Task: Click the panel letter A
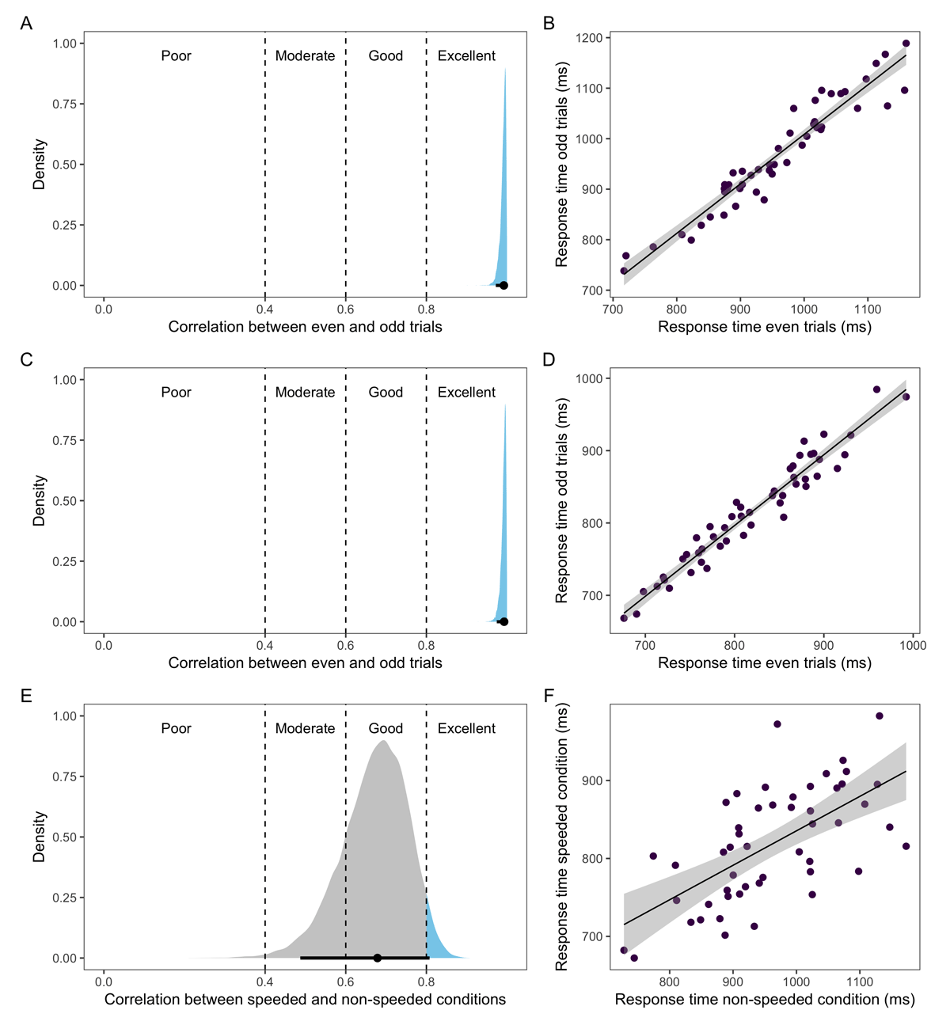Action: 26,24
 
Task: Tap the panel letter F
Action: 549,696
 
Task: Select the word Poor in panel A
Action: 176,56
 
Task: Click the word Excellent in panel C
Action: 466,393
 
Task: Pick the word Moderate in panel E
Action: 305,729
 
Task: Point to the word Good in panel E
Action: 386,729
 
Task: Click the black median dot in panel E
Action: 378,958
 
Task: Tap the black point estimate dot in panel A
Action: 503,286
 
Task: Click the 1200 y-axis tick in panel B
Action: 590,38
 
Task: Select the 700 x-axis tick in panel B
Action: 612,309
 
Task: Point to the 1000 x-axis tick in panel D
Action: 913,645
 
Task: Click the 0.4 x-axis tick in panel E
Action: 265,982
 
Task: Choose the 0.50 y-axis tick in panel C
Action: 63,501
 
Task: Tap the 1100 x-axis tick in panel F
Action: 860,982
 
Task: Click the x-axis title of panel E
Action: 305,1000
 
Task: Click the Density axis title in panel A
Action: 40,165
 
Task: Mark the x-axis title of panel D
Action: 764,663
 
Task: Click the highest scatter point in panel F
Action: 879,716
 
